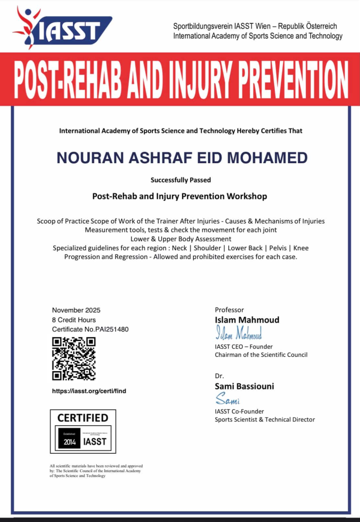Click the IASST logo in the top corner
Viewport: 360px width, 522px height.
tap(62, 28)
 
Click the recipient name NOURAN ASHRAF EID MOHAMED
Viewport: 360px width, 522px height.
tap(182, 158)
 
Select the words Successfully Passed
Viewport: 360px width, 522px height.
tap(181, 180)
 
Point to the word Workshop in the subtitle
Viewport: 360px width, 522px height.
tap(246, 196)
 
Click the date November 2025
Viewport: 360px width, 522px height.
tap(76, 310)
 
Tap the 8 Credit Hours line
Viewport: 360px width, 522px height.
tap(74, 320)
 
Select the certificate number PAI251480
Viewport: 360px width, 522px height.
tap(112, 329)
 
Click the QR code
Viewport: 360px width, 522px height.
tap(74, 358)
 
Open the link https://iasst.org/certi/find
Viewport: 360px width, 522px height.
tap(89, 391)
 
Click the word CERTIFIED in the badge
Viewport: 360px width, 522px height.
tap(83, 418)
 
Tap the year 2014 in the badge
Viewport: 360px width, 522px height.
tap(70, 442)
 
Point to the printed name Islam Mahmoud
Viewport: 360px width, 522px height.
tap(247, 320)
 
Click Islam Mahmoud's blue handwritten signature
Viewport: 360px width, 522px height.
tap(238, 334)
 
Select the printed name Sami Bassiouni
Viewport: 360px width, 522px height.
tap(244, 386)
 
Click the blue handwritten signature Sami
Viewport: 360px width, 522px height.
tap(227, 399)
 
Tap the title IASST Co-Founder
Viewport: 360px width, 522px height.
tap(239, 411)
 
